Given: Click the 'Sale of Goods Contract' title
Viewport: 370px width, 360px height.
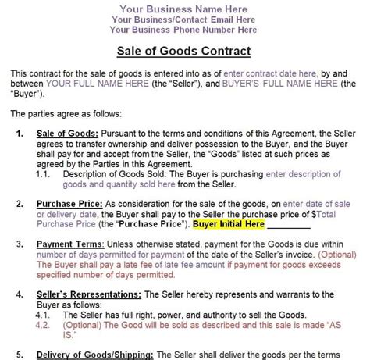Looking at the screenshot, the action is pos(184,52).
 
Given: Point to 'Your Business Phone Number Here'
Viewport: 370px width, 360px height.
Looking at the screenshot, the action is pos(184,30).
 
